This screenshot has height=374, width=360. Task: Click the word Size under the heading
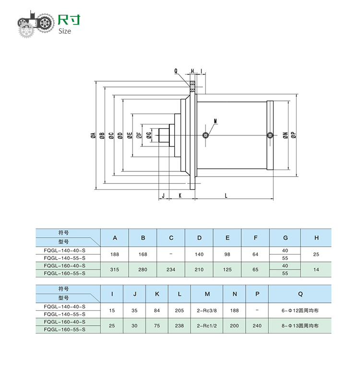[x=64, y=31]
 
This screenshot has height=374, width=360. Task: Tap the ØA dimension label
[x=93, y=136]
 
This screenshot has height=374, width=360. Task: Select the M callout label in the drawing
[x=215, y=121]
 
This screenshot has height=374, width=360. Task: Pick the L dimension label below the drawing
[x=226, y=195]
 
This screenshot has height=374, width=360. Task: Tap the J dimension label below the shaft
[x=163, y=195]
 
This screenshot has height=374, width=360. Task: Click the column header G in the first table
[x=285, y=238]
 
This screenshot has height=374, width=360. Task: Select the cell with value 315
[x=114, y=269]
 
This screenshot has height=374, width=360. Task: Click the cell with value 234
[x=171, y=269]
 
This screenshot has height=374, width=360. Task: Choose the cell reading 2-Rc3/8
[x=207, y=311]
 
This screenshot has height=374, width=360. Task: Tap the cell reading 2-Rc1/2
[x=207, y=325]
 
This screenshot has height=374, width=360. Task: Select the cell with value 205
[x=180, y=311]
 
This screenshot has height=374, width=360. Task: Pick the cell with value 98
[x=228, y=254]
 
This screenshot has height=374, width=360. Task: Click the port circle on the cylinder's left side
[x=206, y=135]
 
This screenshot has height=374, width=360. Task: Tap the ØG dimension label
[x=149, y=136]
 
